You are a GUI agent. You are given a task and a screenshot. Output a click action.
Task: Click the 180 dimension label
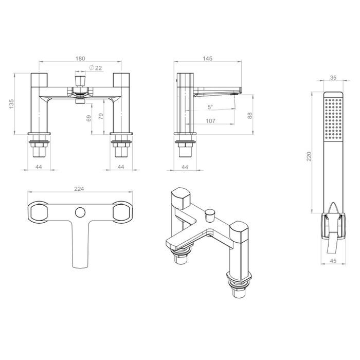pyautogui.click(x=80, y=59)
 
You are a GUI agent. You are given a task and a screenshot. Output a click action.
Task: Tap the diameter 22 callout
pyautogui.click(x=96, y=68)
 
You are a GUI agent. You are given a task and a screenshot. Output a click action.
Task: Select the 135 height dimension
pyautogui.click(x=11, y=104)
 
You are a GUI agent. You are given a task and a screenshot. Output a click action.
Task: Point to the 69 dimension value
pyautogui.click(x=88, y=118)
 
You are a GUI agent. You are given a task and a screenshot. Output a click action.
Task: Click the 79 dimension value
pyautogui.click(x=101, y=116)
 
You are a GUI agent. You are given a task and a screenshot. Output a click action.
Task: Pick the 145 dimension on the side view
pyautogui.click(x=208, y=59)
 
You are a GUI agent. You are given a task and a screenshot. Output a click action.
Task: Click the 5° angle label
pyautogui.click(x=210, y=107)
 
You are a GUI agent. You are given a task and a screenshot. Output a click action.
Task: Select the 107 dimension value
pyautogui.click(x=210, y=121)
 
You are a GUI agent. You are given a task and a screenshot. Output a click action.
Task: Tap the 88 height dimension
pyautogui.click(x=250, y=116)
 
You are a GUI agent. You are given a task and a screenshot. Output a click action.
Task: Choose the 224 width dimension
pyautogui.click(x=79, y=189)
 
